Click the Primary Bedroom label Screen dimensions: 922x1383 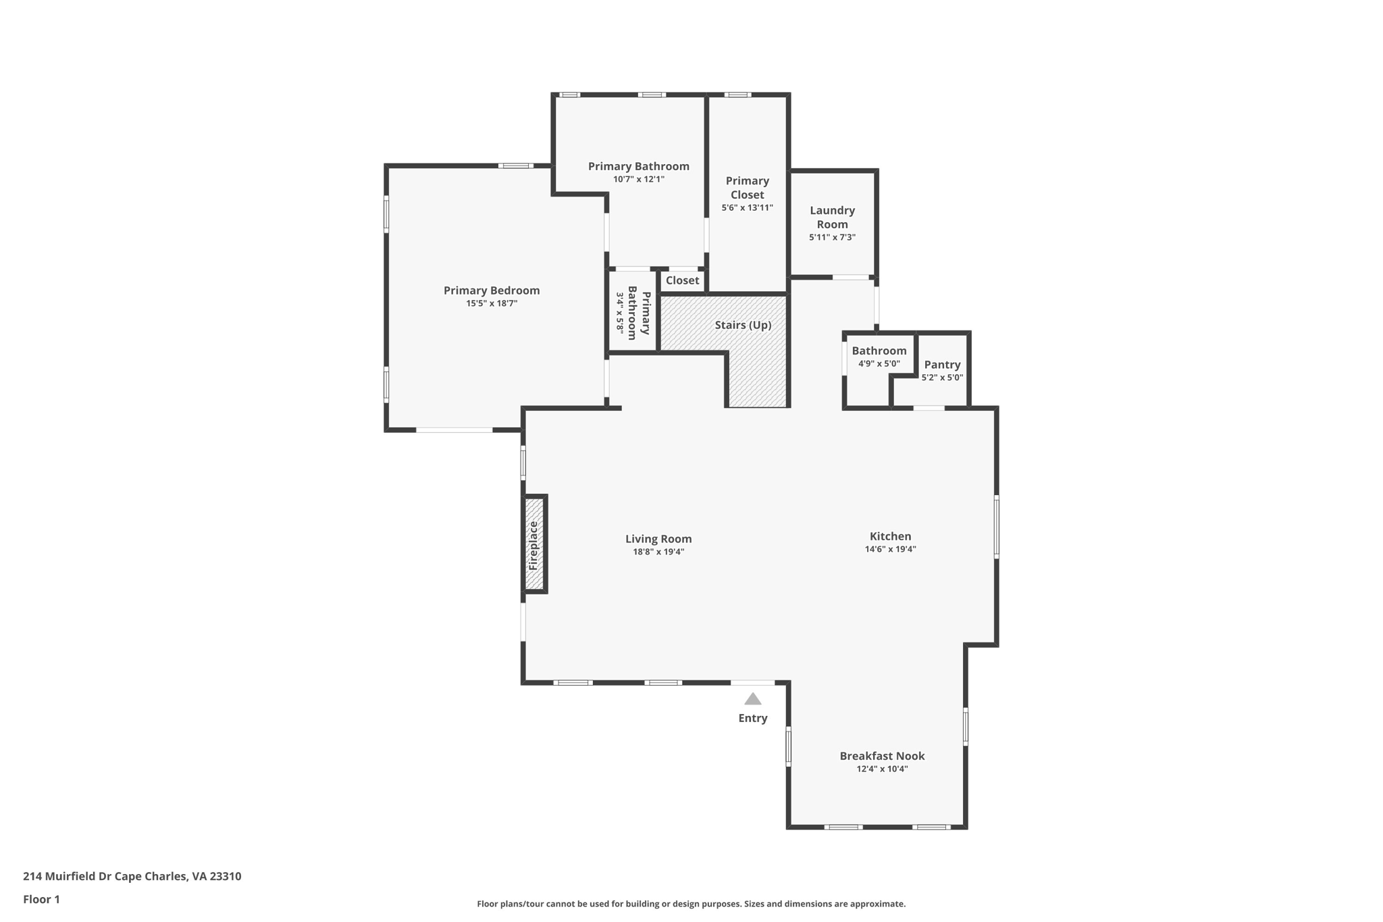[x=491, y=290]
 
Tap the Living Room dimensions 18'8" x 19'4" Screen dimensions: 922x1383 [x=658, y=552]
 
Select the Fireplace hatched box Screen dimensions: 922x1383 [x=534, y=544]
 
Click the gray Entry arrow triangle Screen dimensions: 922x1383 [x=752, y=699]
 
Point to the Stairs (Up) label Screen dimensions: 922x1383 [x=743, y=325]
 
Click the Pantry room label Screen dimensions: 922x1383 [x=942, y=365]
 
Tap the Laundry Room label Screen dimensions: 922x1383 [x=832, y=217]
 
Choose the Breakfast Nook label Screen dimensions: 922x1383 [x=882, y=756]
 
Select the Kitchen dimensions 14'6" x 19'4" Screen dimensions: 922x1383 [x=890, y=549]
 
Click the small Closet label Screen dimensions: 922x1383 [x=682, y=280]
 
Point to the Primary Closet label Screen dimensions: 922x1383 [x=747, y=188]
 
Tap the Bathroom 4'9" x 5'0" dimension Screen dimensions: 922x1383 [x=879, y=363]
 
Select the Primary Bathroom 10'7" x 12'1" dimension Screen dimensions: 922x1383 [x=639, y=179]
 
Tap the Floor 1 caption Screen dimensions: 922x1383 [x=41, y=899]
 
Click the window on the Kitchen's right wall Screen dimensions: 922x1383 [x=996, y=526]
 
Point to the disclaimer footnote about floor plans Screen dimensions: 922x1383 [x=691, y=904]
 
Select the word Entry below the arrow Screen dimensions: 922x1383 [x=752, y=718]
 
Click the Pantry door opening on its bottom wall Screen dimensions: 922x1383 [x=929, y=408]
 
